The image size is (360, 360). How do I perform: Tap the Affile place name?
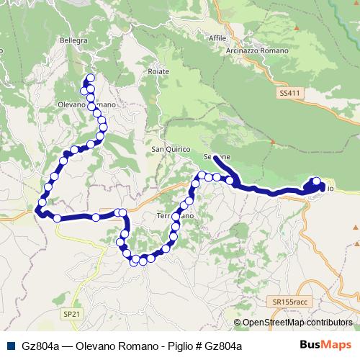(x=217, y=38)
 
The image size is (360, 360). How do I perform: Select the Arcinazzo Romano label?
(x=258, y=51)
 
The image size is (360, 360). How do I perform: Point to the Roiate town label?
(x=158, y=71)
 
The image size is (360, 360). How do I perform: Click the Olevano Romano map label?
(x=96, y=104)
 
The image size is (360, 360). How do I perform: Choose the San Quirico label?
(x=171, y=149)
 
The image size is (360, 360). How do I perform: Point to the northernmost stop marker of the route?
(x=90, y=78)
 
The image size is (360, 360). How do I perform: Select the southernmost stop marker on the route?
(x=134, y=262)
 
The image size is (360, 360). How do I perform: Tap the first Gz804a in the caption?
(x=41, y=346)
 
